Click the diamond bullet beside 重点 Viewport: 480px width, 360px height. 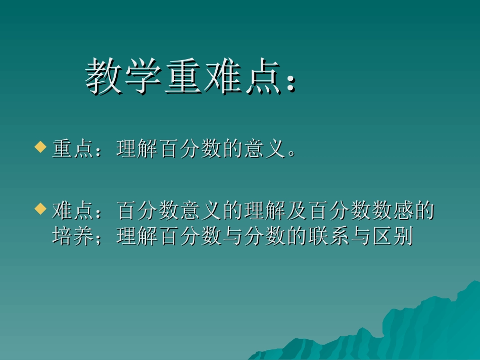point(40,148)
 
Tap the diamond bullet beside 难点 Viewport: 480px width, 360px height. point(40,209)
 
